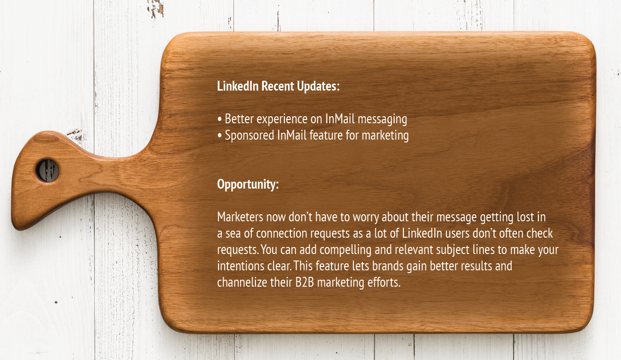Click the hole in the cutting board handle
[47, 170]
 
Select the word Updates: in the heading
[318, 87]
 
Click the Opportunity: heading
[248, 184]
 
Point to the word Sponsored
[249, 136]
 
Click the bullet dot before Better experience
[219, 120]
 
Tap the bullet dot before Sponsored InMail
[219, 136]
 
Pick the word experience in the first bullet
[282, 120]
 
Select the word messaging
[382, 120]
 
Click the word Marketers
[240, 217]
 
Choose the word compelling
[346, 250]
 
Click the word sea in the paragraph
[233, 234]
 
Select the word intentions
[240, 266]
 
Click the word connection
[282, 233]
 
